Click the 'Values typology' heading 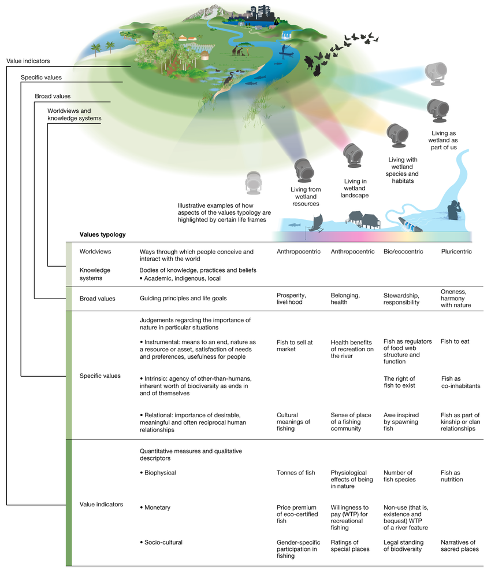coord(103,235)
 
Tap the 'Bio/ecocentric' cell coord(403,252)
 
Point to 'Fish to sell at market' coord(295,345)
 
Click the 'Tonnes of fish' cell coord(296,473)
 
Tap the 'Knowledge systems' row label coord(95,274)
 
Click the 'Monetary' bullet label coord(157,508)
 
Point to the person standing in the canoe coord(283,50)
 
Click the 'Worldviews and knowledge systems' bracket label coord(74,114)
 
